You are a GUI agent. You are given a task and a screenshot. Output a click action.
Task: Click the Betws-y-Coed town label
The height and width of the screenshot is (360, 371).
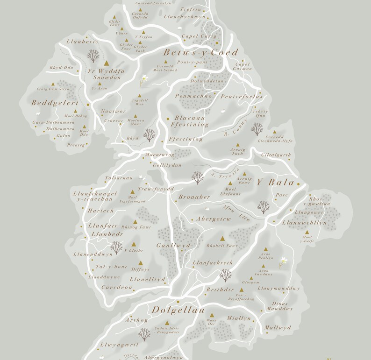(x=200, y=52)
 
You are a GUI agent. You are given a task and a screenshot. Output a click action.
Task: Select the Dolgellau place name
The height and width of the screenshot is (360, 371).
(x=178, y=310)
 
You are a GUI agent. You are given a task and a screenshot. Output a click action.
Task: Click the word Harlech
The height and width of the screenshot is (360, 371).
(x=101, y=211)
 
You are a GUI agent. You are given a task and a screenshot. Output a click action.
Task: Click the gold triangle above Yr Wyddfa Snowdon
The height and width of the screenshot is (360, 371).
(x=106, y=63)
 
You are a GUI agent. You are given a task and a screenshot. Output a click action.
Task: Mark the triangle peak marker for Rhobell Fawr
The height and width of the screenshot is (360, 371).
(x=222, y=238)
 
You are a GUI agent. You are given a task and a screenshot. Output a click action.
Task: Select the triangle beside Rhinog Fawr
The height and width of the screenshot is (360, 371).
(x=136, y=222)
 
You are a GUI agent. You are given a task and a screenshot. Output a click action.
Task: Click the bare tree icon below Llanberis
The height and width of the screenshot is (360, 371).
(x=93, y=56)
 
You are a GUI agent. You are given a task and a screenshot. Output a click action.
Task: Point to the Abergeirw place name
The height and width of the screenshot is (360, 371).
(x=214, y=219)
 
